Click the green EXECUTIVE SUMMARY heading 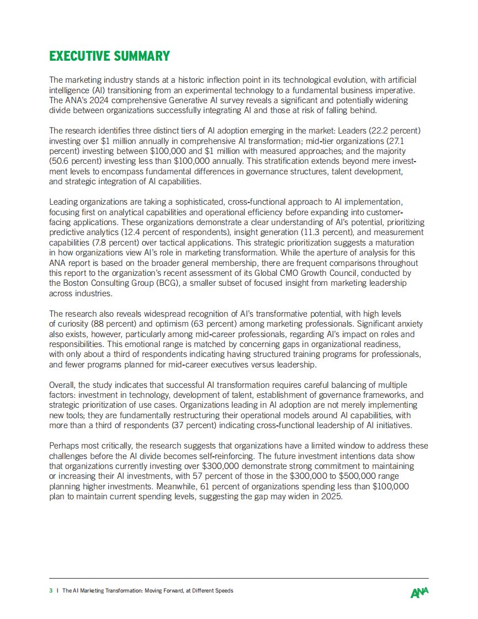(x=109, y=56)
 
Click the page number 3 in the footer (x=51, y=590)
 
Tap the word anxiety (x=408, y=324)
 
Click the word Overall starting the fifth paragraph (x=62, y=385)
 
